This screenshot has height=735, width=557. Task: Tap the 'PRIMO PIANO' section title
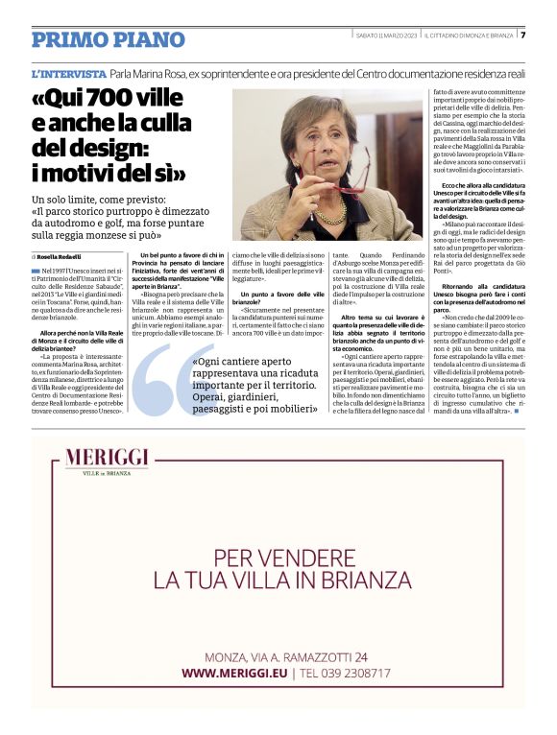108,39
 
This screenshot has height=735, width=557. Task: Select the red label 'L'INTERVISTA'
68,74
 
